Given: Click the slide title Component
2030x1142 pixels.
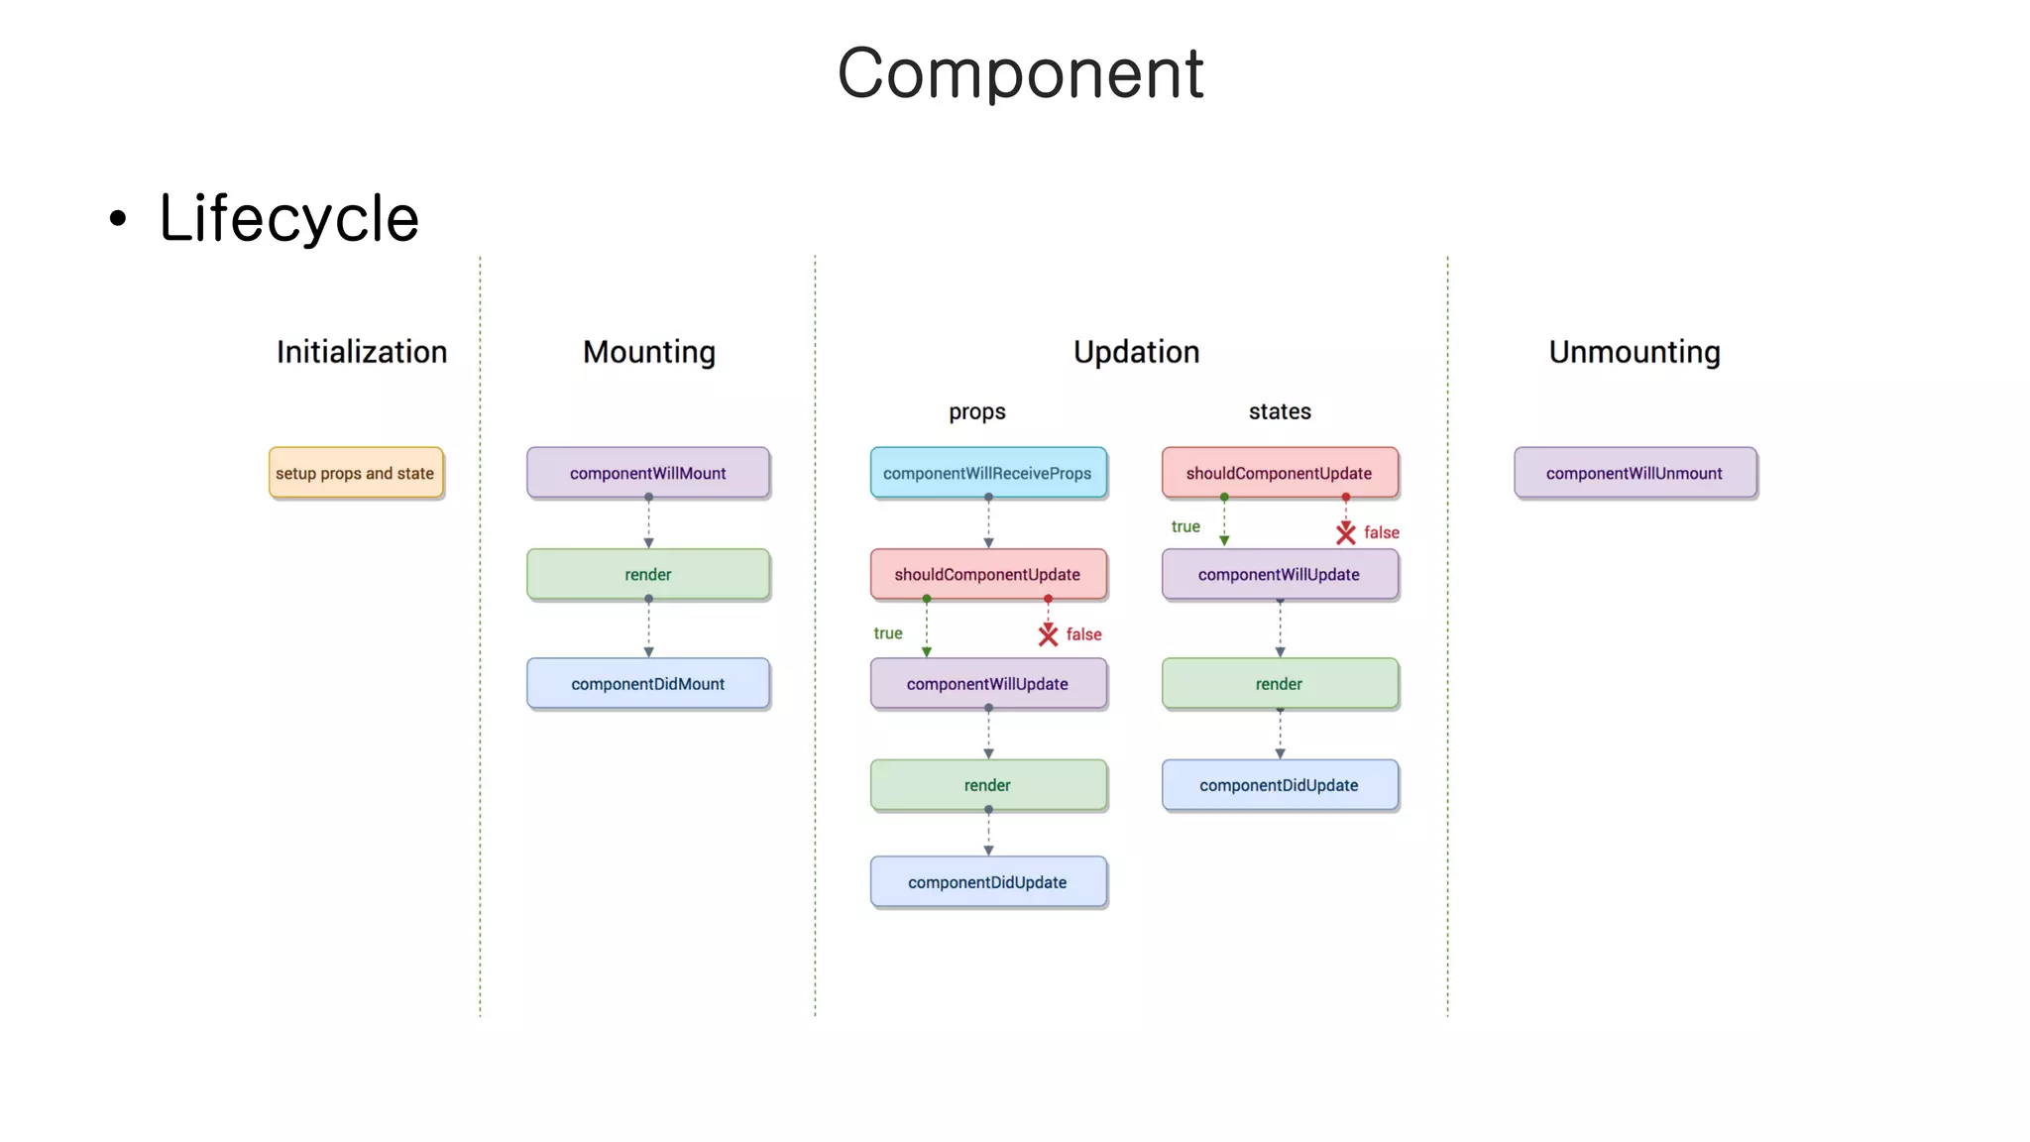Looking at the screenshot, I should [x=1020, y=74].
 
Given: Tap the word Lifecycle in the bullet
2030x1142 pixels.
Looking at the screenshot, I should [x=288, y=218].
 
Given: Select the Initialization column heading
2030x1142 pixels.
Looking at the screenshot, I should [x=362, y=352].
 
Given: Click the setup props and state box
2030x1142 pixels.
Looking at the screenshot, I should [x=356, y=473].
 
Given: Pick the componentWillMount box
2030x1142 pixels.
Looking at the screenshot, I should [x=648, y=473].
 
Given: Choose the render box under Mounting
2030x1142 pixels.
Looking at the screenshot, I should [x=648, y=574].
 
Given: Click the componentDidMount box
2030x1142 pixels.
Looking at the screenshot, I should [x=648, y=683].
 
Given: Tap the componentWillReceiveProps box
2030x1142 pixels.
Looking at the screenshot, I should [x=988, y=473].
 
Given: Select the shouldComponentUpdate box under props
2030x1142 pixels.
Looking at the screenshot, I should [x=988, y=574].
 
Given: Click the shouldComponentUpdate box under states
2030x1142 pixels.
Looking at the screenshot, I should [x=1280, y=473].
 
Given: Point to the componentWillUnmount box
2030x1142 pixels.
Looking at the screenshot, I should [x=1635, y=473].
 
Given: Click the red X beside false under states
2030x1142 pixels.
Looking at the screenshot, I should [x=1345, y=533].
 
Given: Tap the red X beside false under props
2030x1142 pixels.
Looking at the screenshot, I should [x=1048, y=634].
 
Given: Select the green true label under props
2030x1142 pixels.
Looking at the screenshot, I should [x=888, y=633].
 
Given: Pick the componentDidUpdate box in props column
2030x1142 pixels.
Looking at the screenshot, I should [x=988, y=882].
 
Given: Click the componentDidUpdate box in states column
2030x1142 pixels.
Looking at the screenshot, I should [x=1280, y=785].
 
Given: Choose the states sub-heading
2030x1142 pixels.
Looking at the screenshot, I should [x=1280, y=411].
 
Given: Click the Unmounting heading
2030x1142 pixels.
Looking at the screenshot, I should [x=1635, y=352].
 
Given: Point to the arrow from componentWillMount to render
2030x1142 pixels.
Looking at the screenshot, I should [x=648, y=522].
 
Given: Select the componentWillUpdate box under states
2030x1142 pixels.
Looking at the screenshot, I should [x=1280, y=574].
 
